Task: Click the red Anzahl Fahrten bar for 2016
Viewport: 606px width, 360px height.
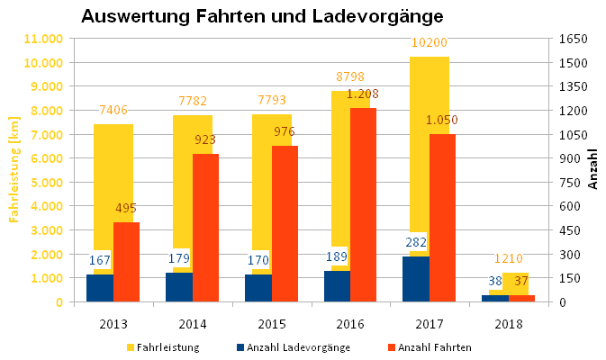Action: click(363, 204)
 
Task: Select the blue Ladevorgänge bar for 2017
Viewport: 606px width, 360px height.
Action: click(416, 279)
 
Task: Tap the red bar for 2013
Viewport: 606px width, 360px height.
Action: click(126, 262)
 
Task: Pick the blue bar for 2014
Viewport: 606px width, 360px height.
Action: click(179, 287)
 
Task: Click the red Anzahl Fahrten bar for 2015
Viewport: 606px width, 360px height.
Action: click(285, 223)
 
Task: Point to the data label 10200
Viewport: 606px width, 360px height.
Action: click(429, 42)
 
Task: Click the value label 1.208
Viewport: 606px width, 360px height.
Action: click(362, 94)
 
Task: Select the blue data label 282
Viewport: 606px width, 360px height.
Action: click(416, 242)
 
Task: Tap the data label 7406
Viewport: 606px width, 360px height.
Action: click(113, 110)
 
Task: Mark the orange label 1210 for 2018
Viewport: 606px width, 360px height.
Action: click(509, 258)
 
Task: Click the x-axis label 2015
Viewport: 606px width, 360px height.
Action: click(272, 324)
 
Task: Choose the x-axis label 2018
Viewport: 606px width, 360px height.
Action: click(509, 324)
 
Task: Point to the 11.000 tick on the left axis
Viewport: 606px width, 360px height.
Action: click(43, 39)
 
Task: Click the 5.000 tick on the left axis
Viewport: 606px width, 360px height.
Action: click(47, 183)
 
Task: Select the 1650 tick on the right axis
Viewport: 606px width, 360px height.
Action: click(574, 39)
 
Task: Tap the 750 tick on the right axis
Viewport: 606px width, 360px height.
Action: click(570, 183)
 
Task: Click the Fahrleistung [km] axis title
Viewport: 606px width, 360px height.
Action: click(14, 169)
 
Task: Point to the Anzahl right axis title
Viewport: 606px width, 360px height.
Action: click(592, 169)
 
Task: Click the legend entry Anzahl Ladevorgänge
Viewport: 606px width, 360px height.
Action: click(294, 347)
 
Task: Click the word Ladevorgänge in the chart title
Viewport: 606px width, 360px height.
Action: click(377, 16)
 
